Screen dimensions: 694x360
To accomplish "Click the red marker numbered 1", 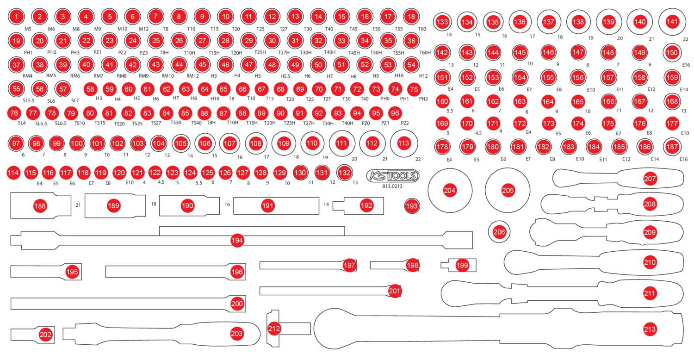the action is (16, 16).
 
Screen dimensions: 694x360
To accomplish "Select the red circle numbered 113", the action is (403, 143).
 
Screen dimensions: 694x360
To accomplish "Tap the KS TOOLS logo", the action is (392, 176).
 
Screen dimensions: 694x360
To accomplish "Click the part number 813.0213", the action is (392, 186).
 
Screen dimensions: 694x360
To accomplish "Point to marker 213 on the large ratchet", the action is (650, 329).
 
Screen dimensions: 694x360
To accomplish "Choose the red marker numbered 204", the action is (450, 190).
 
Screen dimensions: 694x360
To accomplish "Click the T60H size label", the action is (425, 53).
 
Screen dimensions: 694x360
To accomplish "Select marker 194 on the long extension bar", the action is (237, 241).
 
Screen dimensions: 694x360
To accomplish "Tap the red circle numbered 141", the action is (672, 22).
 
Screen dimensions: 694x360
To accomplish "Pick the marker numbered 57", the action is (63, 89).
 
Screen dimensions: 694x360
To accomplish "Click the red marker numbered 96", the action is (395, 113).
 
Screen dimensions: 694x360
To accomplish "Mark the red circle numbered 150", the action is (672, 52).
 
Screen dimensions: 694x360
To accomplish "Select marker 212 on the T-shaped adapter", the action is (274, 329).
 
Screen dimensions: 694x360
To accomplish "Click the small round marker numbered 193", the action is (412, 206).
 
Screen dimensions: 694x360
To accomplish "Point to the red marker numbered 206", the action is (499, 232).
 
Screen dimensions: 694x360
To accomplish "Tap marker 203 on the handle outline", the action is (237, 333).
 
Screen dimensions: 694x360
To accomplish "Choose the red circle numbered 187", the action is (672, 147).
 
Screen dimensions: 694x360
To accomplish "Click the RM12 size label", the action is (192, 76).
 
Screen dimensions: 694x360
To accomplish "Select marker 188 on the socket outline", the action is (40, 206).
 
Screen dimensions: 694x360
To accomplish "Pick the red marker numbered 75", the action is (414, 89).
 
